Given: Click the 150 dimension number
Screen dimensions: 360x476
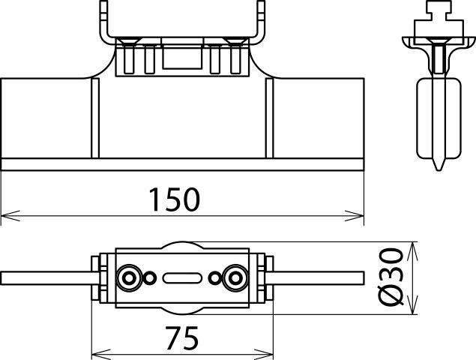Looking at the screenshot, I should [173, 200].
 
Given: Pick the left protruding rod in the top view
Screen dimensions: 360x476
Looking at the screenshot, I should [45, 277].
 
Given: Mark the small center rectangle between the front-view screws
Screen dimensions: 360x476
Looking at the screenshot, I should [182, 56].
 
